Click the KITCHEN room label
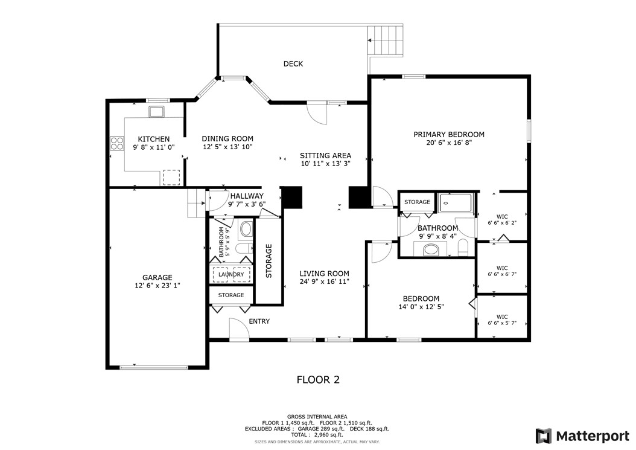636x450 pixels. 153,139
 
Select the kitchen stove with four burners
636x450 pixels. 116,143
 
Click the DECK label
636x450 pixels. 293,64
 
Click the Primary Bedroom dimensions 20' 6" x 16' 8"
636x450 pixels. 448,143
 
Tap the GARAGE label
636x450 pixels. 157,278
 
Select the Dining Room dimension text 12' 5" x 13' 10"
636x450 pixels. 227,147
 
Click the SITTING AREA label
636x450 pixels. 326,155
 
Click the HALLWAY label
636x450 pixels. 246,196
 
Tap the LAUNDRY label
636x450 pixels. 231,275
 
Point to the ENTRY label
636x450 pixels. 259,321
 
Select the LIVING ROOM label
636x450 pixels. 324,274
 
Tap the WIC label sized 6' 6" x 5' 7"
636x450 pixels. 501,317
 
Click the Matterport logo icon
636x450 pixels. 544,436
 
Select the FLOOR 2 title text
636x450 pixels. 317,380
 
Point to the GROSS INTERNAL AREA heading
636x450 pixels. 317,417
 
